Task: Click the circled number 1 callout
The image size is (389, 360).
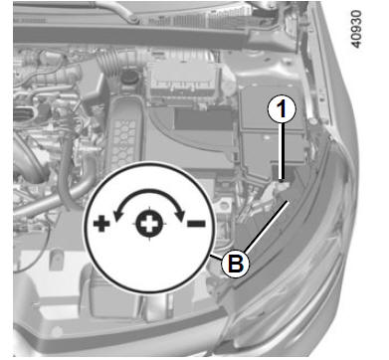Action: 282,109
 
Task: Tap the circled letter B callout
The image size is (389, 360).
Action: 235,264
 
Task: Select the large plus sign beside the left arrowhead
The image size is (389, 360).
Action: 101,224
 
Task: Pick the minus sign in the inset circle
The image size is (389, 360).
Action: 196,224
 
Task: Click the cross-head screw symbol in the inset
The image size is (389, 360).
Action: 149,224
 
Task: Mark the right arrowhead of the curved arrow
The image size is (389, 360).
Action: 181,215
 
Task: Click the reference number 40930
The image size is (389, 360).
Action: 356,29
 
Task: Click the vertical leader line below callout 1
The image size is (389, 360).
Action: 282,151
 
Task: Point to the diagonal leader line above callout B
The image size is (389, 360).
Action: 267,226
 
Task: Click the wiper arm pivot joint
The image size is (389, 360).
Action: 133,18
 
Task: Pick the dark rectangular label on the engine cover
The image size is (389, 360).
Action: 203,119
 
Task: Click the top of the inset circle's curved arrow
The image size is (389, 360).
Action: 149,190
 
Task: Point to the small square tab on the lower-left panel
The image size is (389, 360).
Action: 56,260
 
